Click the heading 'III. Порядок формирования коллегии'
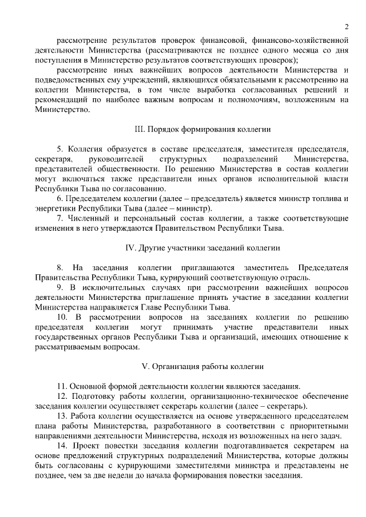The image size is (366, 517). point(202,130)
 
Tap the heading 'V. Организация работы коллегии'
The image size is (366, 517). point(202,365)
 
